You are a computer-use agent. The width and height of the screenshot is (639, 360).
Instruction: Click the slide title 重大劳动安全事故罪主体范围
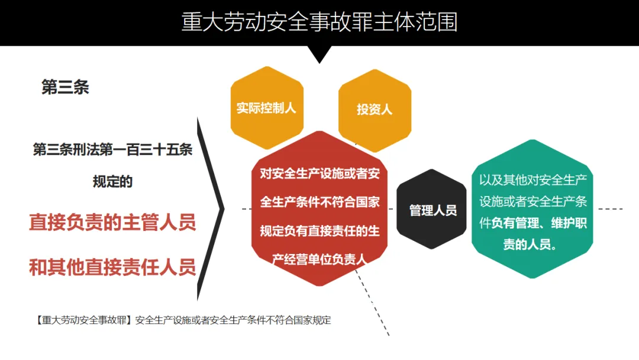319,22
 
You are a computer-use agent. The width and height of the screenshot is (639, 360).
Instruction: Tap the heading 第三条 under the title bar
65,88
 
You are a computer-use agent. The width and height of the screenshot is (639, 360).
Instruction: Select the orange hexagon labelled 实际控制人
266,108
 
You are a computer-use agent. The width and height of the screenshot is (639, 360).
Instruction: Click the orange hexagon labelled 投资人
374,110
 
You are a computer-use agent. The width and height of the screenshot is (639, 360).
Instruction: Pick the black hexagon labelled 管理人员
433,210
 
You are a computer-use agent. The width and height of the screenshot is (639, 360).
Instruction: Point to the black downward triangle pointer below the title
319,54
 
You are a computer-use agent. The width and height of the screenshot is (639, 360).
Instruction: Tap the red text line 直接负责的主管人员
112,223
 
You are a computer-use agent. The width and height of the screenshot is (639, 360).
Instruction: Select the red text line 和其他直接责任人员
112,267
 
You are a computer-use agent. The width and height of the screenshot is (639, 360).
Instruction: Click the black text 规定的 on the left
112,182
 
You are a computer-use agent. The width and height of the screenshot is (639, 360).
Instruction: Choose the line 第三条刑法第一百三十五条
112,150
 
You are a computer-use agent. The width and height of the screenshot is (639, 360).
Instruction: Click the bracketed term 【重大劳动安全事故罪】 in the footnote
83,320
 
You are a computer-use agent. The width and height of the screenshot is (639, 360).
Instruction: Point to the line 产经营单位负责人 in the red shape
319,259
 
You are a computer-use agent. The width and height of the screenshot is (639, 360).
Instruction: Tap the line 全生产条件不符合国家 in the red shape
319,202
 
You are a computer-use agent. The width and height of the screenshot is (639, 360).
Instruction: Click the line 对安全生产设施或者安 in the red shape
319,173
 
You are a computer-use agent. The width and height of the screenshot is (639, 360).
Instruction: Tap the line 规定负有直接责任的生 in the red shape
319,230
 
